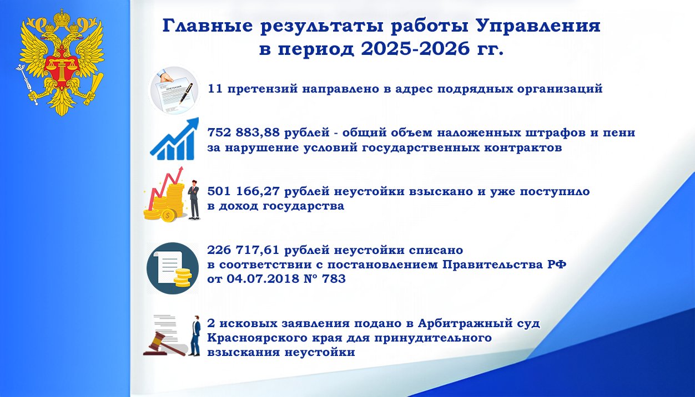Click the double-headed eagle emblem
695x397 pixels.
coord(61,63)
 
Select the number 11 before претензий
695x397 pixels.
coord(214,89)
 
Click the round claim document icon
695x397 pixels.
coord(174,90)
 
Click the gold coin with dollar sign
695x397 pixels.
coord(168,215)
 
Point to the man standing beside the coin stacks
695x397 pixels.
coord(194,200)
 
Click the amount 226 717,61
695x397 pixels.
coord(243,250)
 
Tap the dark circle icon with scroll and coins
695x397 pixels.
coord(173,268)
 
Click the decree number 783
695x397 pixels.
coord(334,279)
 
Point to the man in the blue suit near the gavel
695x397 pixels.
coord(195,335)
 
